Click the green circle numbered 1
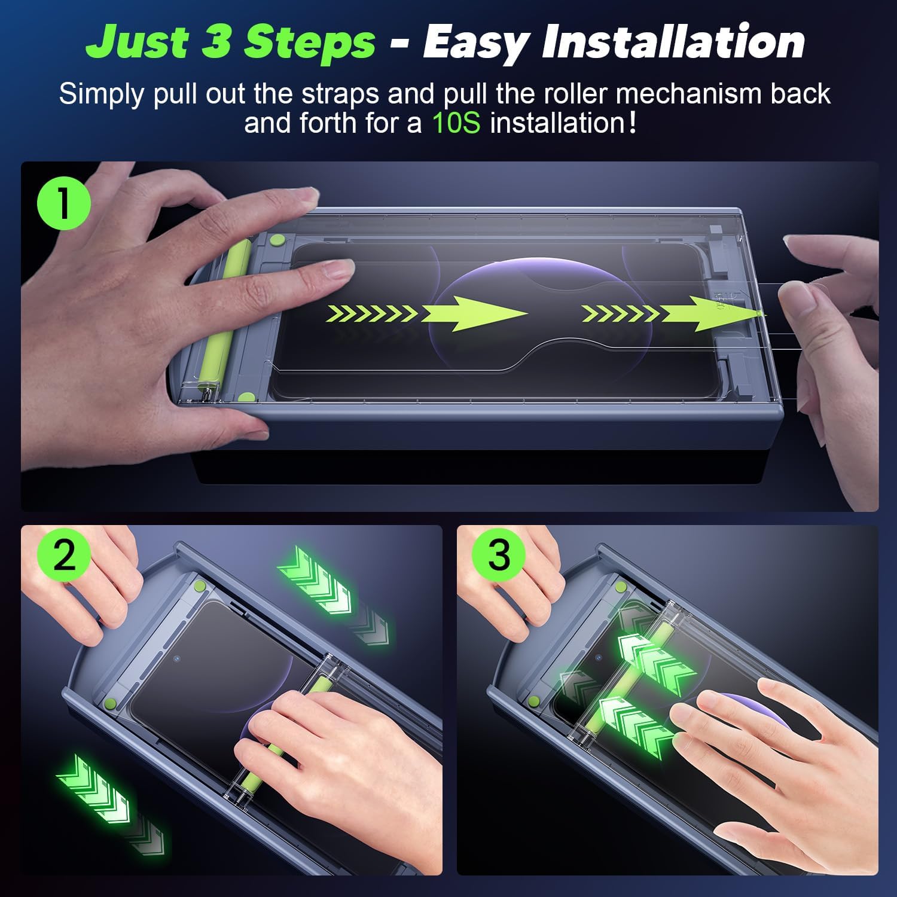coord(63,203)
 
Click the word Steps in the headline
coord(310,41)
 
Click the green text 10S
coord(456,123)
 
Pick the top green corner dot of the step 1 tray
coord(276,240)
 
